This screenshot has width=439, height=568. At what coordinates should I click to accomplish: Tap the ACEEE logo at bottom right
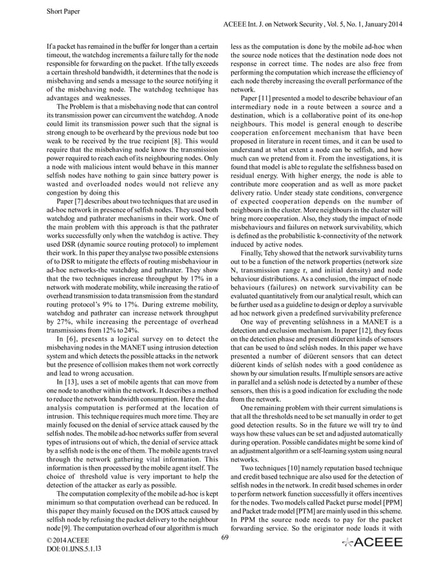376,549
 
